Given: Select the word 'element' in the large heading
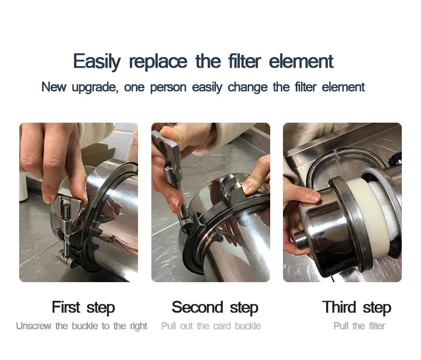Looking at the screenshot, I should coord(301,61).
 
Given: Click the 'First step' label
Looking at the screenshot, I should coord(83,308).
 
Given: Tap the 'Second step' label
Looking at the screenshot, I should coord(215,308).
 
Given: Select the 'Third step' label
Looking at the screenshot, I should coord(357,308).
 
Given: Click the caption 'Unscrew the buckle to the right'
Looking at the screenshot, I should coord(82,326).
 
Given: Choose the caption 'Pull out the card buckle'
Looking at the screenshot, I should coord(211,326).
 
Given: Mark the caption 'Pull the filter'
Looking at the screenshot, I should coord(359,326).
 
